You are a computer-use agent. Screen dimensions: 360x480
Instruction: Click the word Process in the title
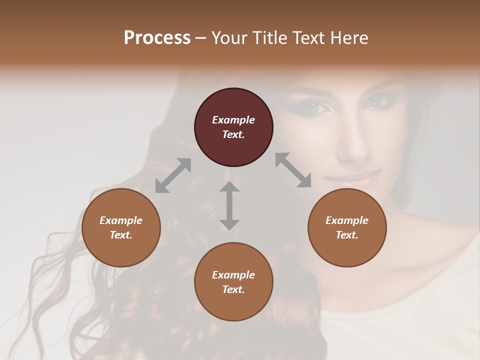point(157,38)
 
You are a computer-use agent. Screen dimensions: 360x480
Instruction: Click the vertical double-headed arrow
point(229,205)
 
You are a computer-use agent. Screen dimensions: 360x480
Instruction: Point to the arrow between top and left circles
point(173,175)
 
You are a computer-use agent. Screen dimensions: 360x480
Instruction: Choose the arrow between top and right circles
point(293,170)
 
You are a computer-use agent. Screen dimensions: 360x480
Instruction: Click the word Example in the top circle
point(233,120)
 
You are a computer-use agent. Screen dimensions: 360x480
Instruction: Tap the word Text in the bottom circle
point(233,289)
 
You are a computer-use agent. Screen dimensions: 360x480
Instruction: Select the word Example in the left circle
point(121,220)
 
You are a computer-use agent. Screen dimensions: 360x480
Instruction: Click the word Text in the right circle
point(347,235)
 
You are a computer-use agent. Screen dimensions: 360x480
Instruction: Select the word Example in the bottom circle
point(233,275)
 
